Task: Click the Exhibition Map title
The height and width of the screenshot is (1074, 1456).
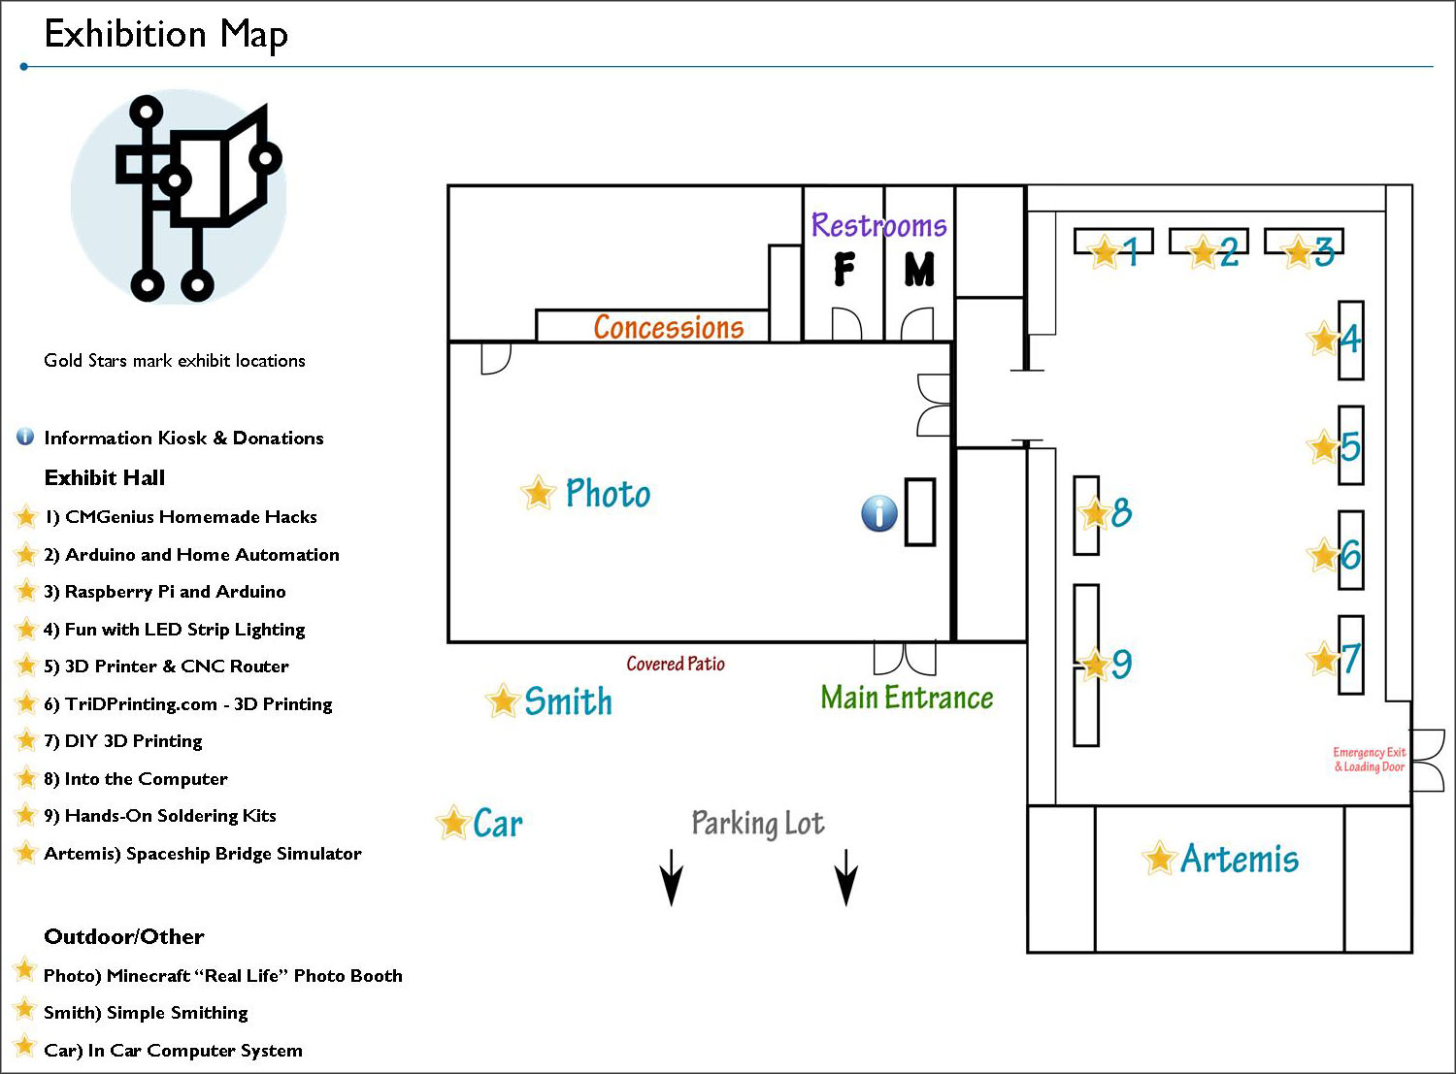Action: pyautogui.click(x=165, y=35)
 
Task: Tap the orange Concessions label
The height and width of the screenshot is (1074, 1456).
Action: pyautogui.click(x=668, y=327)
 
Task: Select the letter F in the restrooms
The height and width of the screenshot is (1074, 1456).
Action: pyautogui.click(x=844, y=269)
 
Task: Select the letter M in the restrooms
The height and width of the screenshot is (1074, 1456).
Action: pyautogui.click(x=919, y=269)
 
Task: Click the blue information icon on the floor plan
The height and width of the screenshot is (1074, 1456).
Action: pyautogui.click(x=879, y=513)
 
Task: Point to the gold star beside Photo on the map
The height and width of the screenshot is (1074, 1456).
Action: pyautogui.click(x=539, y=492)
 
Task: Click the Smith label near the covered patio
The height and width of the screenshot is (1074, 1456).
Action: pyautogui.click(x=568, y=700)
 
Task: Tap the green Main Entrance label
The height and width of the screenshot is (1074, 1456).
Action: pyautogui.click(x=907, y=698)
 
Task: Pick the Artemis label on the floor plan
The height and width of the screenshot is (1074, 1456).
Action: pyautogui.click(x=1240, y=859)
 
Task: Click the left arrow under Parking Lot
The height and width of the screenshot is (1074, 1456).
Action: pyautogui.click(x=671, y=877)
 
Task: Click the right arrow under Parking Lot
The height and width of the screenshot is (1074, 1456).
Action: pyautogui.click(x=846, y=877)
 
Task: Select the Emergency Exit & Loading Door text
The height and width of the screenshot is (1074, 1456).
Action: pyautogui.click(x=1370, y=759)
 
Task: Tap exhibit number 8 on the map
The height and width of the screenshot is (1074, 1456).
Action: pyautogui.click(x=1121, y=511)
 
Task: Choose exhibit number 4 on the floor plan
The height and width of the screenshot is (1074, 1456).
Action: pyautogui.click(x=1350, y=340)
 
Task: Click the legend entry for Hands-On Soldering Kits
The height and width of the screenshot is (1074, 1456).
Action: pyautogui.click(x=160, y=816)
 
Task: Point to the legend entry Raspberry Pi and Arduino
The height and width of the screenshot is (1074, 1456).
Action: pyautogui.click(x=165, y=592)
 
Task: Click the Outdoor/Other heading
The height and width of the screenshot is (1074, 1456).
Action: pyautogui.click(x=124, y=936)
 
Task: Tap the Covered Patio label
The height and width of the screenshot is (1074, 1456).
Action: pyautogui.click(x=676, y=664)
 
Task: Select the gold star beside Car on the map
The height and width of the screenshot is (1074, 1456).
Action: pyautogui.click(x=453, y=822)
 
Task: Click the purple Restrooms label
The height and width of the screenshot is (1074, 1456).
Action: pyautogui.click(x=879, y=225)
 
